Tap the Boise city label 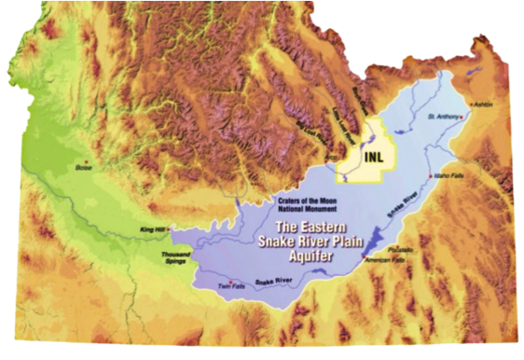84,168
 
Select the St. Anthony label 444,117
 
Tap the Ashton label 485,105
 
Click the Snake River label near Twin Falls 270,278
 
